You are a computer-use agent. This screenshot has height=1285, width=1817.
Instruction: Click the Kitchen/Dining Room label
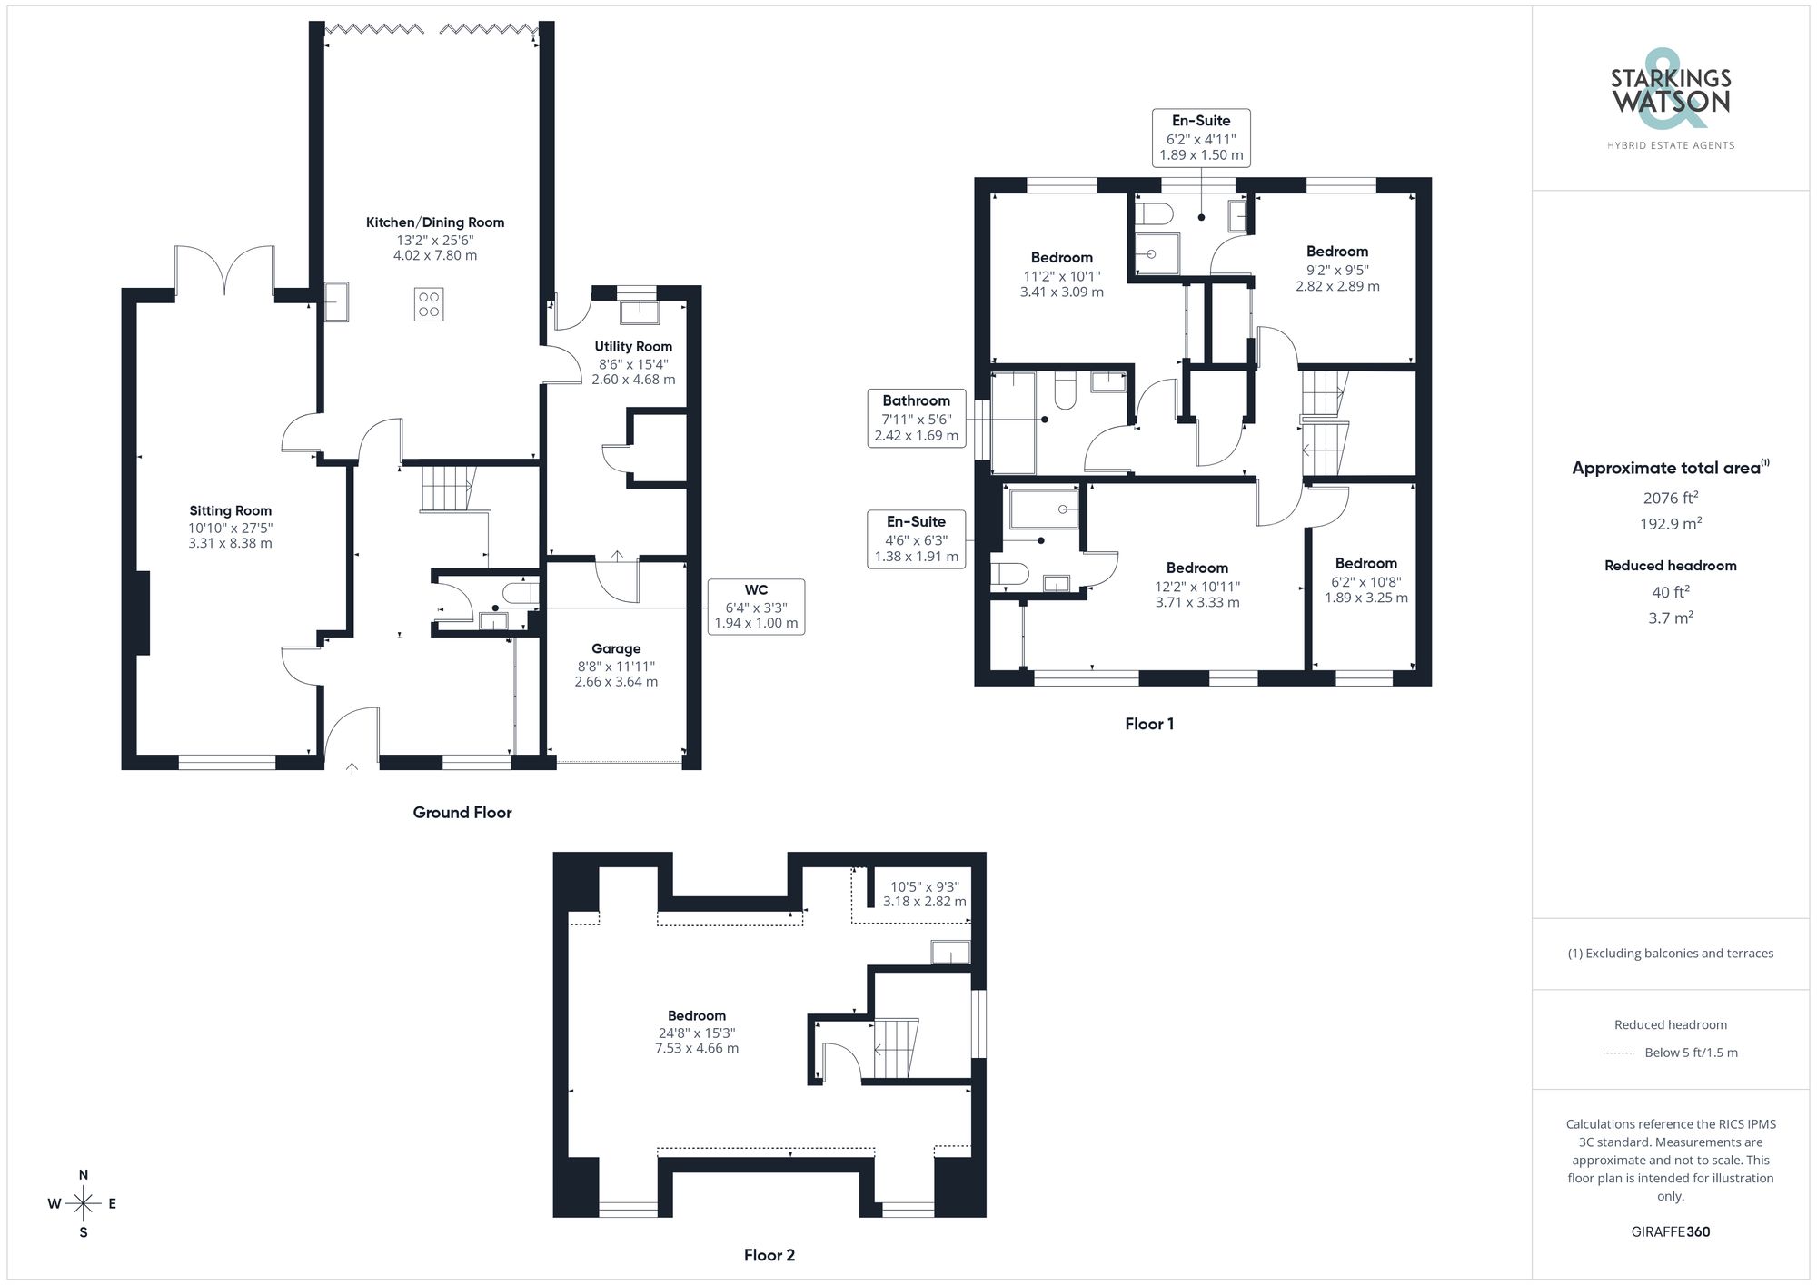click(434, 222)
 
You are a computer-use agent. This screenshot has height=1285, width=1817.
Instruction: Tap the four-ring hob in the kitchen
click(429, 304)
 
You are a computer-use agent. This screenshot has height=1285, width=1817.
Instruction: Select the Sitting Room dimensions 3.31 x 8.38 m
click(230, 543)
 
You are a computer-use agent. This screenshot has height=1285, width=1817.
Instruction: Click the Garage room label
click(616, 648)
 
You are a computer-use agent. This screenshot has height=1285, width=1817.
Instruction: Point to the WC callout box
click(756, 607)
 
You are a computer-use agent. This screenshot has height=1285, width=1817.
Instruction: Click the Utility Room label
click(633, 346)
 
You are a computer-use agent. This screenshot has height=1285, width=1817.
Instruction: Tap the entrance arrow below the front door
click(352, 768)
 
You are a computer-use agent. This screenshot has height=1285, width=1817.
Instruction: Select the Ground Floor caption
click(462, 813)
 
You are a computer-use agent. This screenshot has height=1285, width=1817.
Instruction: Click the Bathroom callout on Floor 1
click(916, 418)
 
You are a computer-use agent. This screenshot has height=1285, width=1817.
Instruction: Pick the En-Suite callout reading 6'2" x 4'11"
click(1200, 137)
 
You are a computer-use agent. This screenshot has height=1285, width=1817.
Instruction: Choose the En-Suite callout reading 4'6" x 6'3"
click(916, 539)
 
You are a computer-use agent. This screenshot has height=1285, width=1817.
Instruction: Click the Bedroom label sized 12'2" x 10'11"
click(1196, 568)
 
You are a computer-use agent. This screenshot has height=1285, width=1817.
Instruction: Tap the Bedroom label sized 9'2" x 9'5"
click(1336, 252)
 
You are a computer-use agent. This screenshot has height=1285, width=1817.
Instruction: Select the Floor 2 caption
click(769, 1255)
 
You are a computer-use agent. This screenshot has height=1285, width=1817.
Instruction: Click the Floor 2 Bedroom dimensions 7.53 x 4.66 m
click(697, 1048)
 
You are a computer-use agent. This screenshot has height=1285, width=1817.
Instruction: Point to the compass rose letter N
click(84, 1175)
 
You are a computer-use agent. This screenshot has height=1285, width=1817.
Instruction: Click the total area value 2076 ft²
click(1670, 498)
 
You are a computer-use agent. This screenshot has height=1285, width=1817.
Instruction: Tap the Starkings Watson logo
click(1670, 95)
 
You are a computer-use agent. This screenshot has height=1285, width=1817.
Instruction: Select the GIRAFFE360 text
click(1670, 1231)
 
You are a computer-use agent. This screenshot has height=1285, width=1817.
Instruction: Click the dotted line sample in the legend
click(1619, 1053)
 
